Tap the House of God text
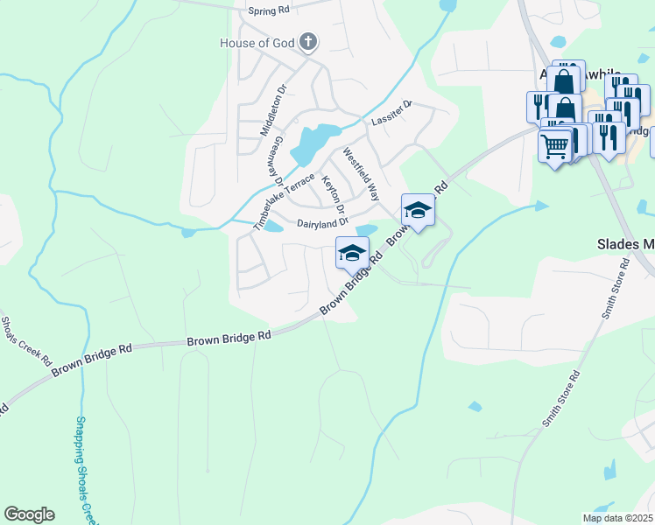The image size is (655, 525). point(257,42)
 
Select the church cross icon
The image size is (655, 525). point(307,41)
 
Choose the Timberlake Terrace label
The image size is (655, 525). point(283,200)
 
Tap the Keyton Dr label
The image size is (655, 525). point(334,194)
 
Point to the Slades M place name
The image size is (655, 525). point(624,244)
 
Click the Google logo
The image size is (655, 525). point(29,514)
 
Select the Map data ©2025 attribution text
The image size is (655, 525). point(616,518)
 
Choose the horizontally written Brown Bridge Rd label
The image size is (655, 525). point(229,337)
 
